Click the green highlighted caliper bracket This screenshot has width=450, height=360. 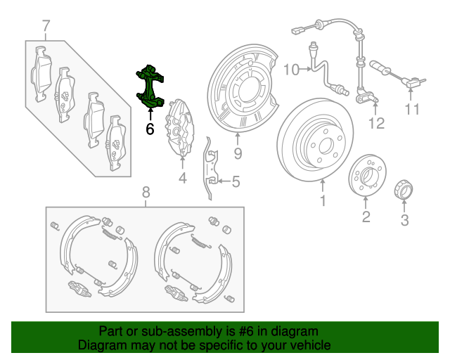(x=150, y=88)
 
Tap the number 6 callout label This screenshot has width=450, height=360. (x=150, y=129)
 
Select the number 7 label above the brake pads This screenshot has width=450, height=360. (x=46, y=27)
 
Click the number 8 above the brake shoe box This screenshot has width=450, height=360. (x=146, y=193)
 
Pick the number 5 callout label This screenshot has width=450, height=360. (x=235, y=183)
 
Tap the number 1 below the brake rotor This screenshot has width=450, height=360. (x=323, y=203)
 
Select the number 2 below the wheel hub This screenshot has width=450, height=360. (x=366, y=217)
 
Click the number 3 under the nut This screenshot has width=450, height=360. (x=404, y=222)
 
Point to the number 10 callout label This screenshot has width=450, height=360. (x=292, y=69)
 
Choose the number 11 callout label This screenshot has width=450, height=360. (x=411, y=109)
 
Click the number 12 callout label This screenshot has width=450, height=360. (x=377, y=124)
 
